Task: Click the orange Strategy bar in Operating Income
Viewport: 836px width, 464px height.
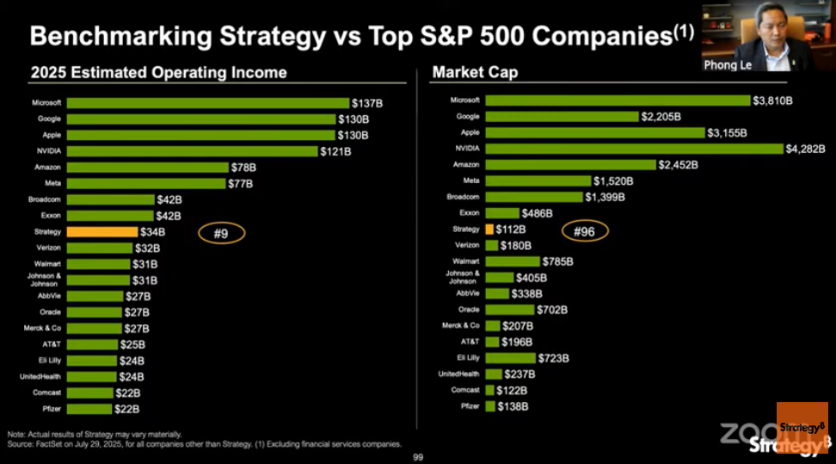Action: coord(101,232)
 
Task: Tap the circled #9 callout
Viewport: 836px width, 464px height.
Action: coord(222,232)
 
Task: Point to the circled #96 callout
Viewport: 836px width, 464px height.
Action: coord(585,230)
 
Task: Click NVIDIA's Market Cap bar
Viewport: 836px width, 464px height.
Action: coord(633,149)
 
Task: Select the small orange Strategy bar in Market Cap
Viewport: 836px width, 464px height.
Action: coord(489,229)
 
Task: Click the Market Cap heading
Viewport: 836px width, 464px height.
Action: coord(475,72)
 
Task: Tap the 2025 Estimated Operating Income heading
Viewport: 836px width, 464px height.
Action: coord(158,72)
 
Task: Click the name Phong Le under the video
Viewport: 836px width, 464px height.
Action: coord(727,64)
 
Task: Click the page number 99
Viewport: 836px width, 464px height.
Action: coord(419,456)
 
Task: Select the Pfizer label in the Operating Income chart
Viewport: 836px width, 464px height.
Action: coord(49,409)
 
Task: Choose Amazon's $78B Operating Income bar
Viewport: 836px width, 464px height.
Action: coord(148,168)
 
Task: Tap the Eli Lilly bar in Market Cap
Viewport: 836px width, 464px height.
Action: coord(509,357)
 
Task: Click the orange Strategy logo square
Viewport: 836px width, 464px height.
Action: coord(802,427)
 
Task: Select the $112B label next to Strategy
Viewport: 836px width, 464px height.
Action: coord(510,229)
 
